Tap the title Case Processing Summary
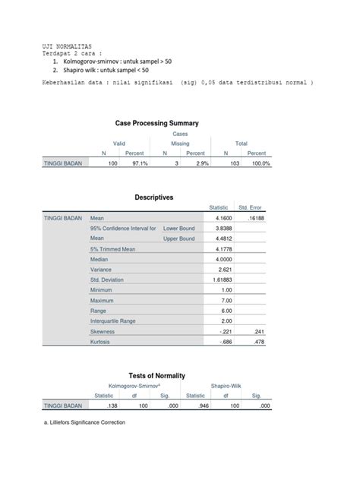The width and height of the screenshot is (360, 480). [157, 122]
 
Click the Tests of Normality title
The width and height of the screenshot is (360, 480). [157, 376]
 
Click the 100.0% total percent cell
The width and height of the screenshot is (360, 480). [260, 163]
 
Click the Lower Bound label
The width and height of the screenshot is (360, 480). [179, 229]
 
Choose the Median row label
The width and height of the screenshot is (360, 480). [102, 259]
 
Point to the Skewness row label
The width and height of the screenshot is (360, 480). [104, 332]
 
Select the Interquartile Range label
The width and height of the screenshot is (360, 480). [115, 321]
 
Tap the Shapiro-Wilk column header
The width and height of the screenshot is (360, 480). [225, 386]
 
